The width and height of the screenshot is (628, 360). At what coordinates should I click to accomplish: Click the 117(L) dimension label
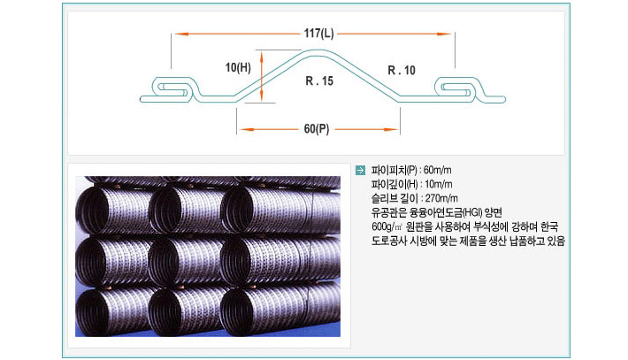(318, 33)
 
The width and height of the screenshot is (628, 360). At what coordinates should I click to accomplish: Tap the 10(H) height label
(238, 67)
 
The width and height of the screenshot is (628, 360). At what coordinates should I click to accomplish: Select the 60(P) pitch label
(317, 129)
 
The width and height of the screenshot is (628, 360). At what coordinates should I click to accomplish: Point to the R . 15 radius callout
(319, 80)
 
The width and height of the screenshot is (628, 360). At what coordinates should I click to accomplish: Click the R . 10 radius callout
(402, 71)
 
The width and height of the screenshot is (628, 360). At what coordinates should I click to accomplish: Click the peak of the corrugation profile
(318, 50)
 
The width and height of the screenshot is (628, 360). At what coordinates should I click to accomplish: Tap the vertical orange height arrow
(261, 76)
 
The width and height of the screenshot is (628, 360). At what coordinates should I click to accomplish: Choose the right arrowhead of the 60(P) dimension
(390, 129)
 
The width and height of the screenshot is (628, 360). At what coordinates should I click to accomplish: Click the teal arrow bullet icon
(361, 170)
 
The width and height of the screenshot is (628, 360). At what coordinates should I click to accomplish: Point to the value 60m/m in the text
(437, 170)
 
